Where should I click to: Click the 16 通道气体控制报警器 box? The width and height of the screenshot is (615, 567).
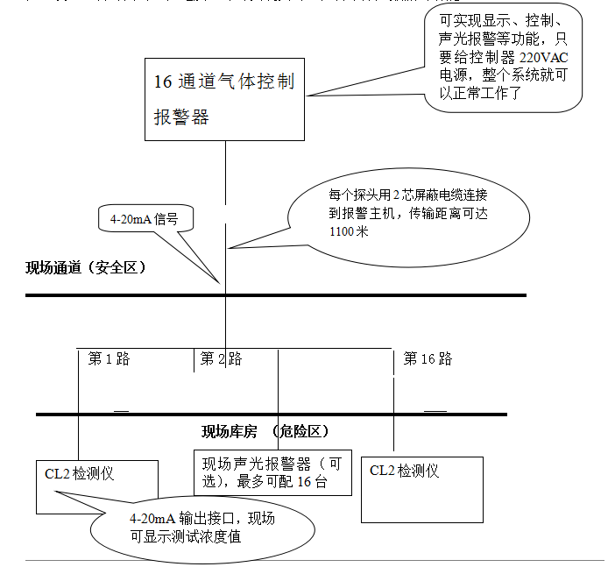click(x=225, y=99)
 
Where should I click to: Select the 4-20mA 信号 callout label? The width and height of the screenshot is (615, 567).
click(x=144, y=220)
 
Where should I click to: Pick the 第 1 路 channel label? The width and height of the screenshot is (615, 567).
click(x=109, y=358)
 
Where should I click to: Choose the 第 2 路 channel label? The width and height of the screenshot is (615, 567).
click(x=221, y=358)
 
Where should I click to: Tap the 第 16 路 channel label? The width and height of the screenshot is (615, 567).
click(x=428, y=358)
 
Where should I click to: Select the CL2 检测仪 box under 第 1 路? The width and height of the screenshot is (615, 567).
click(x=96, y=485)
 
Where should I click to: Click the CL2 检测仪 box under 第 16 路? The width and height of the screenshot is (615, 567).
click(x=422, y=488)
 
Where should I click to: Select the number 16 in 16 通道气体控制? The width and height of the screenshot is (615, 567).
click(x=163, y=82)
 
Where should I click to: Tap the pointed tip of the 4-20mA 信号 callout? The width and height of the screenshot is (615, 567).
click(x=220, y=281)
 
